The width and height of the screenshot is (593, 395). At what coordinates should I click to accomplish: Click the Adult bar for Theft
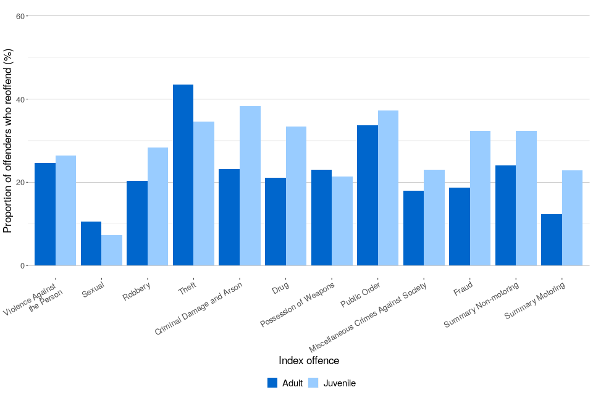pos(183,175)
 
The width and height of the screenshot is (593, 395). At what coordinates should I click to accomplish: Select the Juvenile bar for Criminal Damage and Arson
pos(250,186)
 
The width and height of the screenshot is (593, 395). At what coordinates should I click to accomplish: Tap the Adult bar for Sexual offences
pos(91,244)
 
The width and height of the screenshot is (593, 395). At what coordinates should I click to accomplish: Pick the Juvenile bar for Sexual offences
pos(112,251)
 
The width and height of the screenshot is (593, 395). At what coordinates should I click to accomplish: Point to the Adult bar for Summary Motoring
pos(552,240)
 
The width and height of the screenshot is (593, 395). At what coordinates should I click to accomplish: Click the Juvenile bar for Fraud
pos(480,198)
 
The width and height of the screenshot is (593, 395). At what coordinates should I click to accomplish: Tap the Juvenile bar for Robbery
pos(158,207)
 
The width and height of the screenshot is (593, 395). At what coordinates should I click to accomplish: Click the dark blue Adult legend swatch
pos(272,383)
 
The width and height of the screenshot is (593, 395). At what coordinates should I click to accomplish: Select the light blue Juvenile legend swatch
pos(313,383)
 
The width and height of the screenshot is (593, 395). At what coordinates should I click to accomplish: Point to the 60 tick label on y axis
pos(20,16)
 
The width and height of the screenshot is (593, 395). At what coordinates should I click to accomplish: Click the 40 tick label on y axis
pos(20,99)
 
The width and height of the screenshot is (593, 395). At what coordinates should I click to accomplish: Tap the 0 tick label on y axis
pos(22,266)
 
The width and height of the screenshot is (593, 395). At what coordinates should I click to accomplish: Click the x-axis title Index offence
pos(309,360)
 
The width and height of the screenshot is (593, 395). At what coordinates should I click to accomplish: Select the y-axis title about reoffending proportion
pos(8,141)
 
